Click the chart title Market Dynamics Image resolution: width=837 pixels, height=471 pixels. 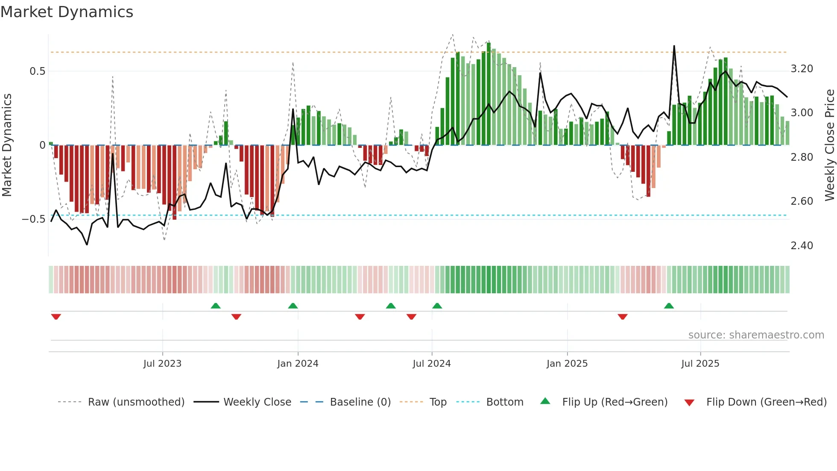tap(67, 12)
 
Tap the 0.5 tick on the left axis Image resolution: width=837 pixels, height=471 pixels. tap(38, 71)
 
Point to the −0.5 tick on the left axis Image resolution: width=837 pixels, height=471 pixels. tap(34, 219)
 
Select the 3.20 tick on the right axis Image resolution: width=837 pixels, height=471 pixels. tap(802, 69)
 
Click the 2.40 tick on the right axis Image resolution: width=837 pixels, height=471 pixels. tap(802, 246)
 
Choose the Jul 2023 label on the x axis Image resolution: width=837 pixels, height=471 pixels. tap(162, 364)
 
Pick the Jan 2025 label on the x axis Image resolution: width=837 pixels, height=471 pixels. tap(567, 364)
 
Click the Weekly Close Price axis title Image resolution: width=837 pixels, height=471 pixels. tap(829, 145)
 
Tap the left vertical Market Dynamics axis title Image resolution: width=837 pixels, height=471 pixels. tap(7, 145)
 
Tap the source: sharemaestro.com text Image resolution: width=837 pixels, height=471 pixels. tap(756, 335)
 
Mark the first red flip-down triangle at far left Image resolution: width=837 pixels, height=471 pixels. tap(56, 317)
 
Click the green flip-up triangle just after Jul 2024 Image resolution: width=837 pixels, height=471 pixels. tap(437, 306)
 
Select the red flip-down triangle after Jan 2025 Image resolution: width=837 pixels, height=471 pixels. tap(622, 317)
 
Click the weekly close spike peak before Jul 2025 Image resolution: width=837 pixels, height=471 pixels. tap(674, 46)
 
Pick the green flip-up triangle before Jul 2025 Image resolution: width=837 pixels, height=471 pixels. tap(669, 306)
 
